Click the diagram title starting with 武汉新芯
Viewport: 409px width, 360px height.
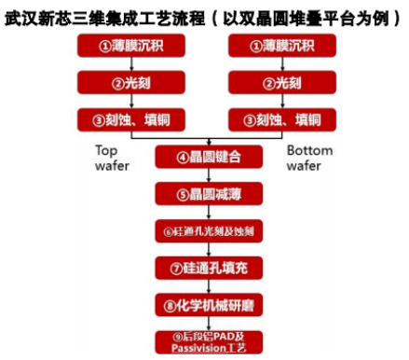[204, 16]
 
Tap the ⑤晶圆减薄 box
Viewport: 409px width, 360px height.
[203, 193]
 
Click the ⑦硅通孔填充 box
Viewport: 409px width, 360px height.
[203, 269]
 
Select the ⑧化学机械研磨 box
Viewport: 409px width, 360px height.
[203, 305]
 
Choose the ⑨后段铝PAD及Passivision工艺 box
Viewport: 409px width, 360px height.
[203, 340]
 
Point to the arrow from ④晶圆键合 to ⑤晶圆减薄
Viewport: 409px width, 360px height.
[203, 174]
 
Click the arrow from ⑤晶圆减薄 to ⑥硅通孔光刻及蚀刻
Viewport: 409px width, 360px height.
[203, 212]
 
